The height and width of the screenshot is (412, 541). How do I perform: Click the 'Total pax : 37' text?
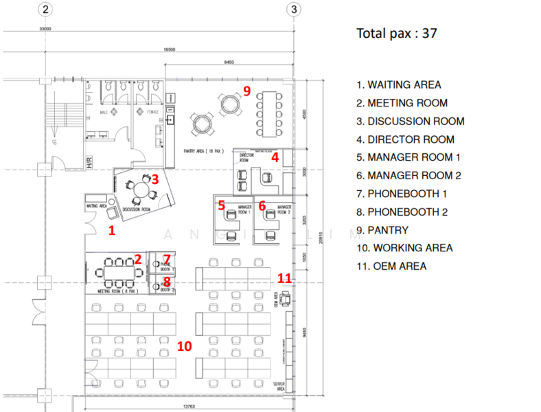(x=396, y=33)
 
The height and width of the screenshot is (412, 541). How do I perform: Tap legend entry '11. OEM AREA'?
(x=391, y=266)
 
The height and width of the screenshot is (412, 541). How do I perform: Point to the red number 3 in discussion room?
(x=155, y=179)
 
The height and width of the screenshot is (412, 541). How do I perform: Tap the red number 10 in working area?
(x=184, y=346)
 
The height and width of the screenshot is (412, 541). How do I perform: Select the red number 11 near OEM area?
(x=284, y=277)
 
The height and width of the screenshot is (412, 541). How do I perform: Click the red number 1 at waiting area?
(x=112, y=231)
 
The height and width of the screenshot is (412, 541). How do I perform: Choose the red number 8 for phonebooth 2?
(x=167, y=280)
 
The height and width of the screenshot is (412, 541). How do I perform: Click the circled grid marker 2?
(x=45, y=10)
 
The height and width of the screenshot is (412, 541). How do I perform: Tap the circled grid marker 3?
(x=294, y=10)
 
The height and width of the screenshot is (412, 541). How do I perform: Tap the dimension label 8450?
(x=229, y=62)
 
